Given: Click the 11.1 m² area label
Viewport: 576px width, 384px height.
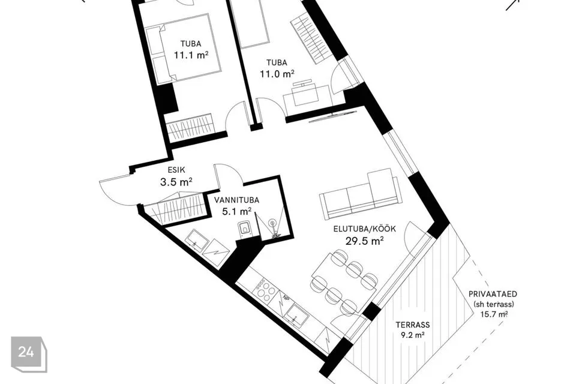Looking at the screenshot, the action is tap(191, 55).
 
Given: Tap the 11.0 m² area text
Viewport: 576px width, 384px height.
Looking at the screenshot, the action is tap(277, 74).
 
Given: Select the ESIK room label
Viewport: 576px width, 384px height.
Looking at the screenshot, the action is tap(176, 170).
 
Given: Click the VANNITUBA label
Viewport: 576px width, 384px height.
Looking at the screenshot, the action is tap(236, 200).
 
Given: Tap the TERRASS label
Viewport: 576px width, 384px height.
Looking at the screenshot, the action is tap(413, 325).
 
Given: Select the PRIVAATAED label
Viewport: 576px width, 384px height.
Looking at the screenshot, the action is tap(493, 294).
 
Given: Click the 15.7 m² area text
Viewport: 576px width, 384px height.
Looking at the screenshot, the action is tap(494, 314).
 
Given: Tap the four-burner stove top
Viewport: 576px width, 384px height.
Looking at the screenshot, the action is tap(265, 288).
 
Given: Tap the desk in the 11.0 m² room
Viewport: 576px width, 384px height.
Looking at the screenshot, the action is tap(307, 95).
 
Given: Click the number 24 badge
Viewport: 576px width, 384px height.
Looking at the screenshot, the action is tap(29, 354).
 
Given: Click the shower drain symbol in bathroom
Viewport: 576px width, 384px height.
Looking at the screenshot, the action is tap(272, 223).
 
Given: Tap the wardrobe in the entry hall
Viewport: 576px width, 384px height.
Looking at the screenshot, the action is tap(173, 209).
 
